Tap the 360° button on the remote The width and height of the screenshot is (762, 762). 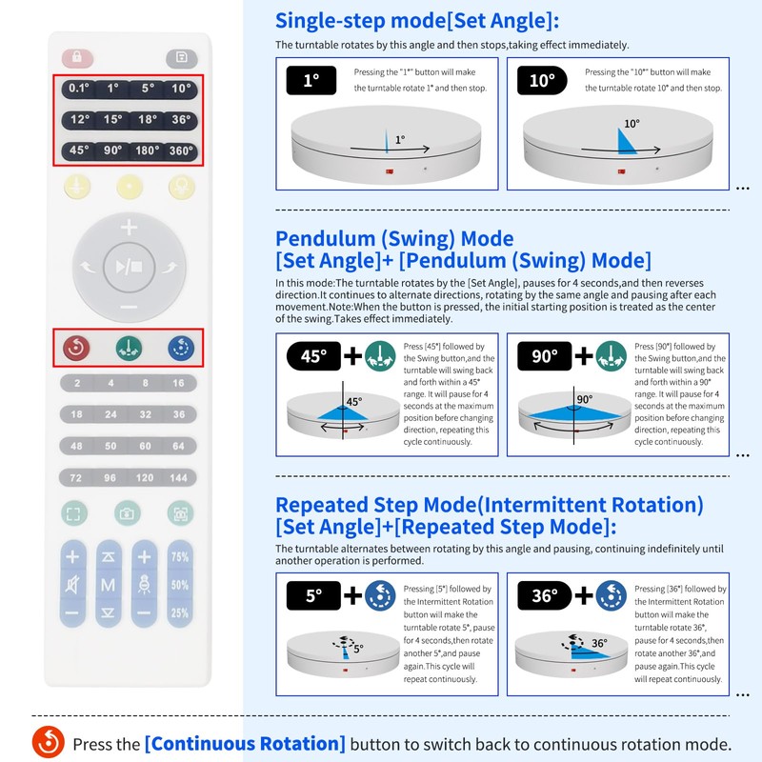[180, 150]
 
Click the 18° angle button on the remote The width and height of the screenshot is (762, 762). [146, 120]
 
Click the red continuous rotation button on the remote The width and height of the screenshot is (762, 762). [75, 348]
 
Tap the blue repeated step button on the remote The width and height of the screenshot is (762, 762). [181, 348]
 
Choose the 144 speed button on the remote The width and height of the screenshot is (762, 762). [180, 476]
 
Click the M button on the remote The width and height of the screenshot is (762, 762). [109, 584]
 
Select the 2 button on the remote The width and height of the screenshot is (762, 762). [76, 383]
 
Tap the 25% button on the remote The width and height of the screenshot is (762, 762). [179, 613]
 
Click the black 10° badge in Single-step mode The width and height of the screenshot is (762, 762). [542, 81]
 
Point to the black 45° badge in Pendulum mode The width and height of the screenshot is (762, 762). [312, 356]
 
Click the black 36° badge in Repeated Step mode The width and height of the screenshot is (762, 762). [544, 596]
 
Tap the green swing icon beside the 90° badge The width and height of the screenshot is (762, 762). [611, 356]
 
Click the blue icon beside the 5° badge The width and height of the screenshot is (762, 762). [381, 596]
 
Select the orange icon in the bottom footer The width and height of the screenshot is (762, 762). [48, 741]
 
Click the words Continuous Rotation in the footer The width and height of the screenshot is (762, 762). [245, 744]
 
